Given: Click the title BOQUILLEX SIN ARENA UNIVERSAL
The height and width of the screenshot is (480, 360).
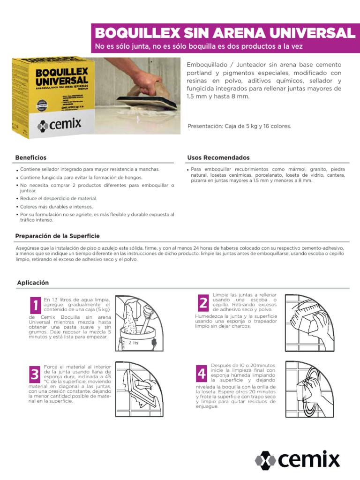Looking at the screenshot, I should coord(225,33).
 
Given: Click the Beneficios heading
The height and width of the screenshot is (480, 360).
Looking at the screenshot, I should coord(30,158).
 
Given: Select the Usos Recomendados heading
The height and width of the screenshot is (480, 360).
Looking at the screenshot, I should coord(218,158).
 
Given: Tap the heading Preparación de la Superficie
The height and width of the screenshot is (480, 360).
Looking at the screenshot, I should coord(57,236).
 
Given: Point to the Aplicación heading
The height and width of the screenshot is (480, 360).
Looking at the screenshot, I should coord(33,283).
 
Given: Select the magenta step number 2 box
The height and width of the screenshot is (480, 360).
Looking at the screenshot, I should coord(202,303).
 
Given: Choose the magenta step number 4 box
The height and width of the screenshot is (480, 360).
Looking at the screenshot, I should coord(202,373).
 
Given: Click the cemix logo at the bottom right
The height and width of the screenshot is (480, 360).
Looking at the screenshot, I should coord(297,459).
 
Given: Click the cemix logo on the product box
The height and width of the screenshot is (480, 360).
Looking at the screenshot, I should coord(60,125).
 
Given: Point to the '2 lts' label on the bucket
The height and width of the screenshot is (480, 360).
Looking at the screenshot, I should coord(134,343).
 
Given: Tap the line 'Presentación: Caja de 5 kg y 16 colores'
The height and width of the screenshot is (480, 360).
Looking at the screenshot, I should coord(239,126).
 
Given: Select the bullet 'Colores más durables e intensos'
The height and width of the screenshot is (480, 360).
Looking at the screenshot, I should coord(56,207).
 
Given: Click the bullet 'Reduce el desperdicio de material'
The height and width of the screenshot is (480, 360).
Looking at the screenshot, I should coord(58,199).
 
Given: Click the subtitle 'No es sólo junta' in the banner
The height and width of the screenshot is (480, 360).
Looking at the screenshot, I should coord(199,46).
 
